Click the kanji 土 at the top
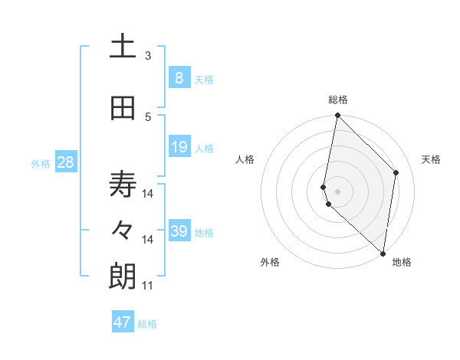tap(123, 47)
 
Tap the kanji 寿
tap(123, 185)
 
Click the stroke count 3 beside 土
tap(148, 56)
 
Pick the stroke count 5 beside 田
tap(148, 116)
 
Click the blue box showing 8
tap(179, 77)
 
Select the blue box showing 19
tap(179, 147)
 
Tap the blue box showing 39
tap(179, 231)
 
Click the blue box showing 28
tap(65, 162)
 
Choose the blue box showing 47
tap(123, 322)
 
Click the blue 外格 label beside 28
tap(41, 163)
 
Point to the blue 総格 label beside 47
tap(147, 324)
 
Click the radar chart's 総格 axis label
tap(338, 100)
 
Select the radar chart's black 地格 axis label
tap(402, 262)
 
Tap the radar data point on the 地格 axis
tap(383, 254)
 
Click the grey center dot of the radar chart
tap(338, 190)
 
